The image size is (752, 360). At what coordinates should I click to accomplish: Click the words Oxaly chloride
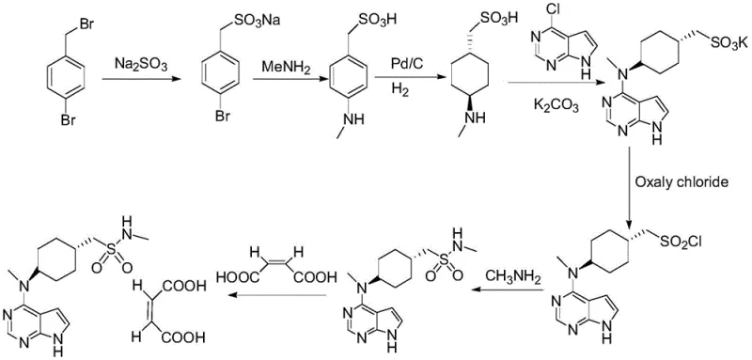680,181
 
